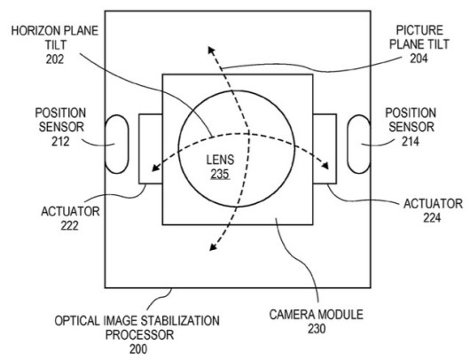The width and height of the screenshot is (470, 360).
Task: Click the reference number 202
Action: coord(55,59)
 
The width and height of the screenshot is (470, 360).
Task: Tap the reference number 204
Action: coord(419,59)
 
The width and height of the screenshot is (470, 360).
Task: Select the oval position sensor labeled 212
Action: coord(116,145)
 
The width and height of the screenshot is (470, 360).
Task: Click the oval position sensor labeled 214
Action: coord(359,145)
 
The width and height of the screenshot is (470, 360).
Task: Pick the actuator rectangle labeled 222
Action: coord(151,149)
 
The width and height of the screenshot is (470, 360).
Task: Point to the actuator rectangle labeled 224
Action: coord(325,149)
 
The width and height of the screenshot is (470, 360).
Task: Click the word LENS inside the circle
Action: coord(220,160)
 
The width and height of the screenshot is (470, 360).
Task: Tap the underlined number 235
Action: coord(220,174)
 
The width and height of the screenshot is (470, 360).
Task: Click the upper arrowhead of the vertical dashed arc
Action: coord(211,50)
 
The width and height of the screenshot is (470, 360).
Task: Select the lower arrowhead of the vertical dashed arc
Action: coord(213,247)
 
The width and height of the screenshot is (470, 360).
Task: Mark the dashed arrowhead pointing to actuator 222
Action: coord(155,168)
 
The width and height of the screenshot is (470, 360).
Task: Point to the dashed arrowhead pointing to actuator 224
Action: coord(325,166)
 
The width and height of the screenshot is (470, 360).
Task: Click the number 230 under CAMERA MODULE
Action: coord(317,329)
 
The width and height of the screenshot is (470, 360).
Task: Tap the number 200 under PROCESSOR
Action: coord(138,349)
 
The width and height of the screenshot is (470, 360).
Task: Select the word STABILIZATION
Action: coord(180,321)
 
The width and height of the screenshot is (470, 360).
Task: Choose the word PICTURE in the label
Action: coord(419,30)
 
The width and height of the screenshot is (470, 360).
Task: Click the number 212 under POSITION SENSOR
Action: coord(60,141)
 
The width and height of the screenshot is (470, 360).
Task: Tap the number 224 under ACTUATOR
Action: coord(432,218)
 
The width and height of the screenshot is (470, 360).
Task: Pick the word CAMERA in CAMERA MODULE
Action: coord(293,315)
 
